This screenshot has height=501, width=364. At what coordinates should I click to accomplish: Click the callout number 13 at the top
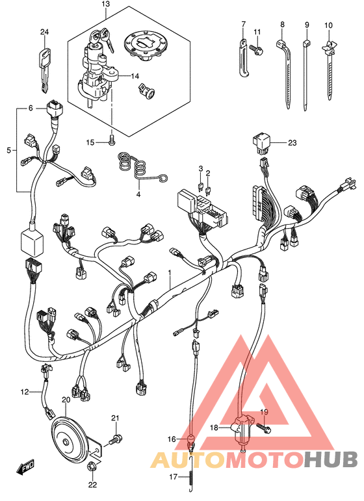tap(105, 4)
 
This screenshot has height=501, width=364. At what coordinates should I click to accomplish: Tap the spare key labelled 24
tap(45, 70)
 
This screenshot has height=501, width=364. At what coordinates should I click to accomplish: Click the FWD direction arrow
tap(25, 467)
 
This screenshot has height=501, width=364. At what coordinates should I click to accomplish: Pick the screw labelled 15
tap(112, 140)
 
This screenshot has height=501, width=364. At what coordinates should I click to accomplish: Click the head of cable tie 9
tap(306, 43)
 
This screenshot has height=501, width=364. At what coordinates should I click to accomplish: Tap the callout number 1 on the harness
tap(170, 272)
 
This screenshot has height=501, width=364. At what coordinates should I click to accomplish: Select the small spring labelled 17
tap(190, 478)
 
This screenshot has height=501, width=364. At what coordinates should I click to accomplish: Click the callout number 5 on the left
tap(8, 150)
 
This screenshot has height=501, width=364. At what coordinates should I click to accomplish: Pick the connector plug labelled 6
tap(55, 110)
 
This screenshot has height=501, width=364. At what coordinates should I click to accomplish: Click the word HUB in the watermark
tap(330, 460)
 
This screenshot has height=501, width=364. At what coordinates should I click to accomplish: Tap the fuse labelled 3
tap(200, 186)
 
